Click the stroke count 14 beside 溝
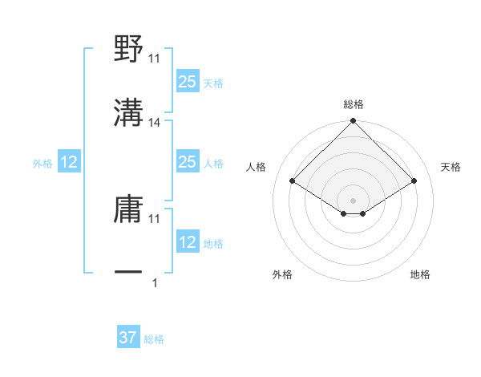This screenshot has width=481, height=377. point(156,123)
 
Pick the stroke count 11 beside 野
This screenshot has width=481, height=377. point(156,59)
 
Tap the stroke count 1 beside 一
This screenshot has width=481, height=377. point(155,282)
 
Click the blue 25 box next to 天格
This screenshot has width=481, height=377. point(187,82)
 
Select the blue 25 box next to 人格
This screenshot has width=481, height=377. point(187,163)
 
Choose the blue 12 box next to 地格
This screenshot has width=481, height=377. point(187,243)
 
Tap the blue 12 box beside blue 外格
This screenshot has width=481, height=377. point(69,163)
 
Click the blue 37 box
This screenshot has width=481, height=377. point(127,338)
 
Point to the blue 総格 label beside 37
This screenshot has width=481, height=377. point(154,339)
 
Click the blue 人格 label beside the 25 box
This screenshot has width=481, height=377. point(213,164)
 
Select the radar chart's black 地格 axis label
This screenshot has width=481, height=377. point(420,274)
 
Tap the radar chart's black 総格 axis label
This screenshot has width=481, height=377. point(354,104)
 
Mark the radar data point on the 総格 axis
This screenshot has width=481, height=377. point(354,122)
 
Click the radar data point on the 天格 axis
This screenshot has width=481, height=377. point(414,181)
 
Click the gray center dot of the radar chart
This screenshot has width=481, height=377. point(354,200)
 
